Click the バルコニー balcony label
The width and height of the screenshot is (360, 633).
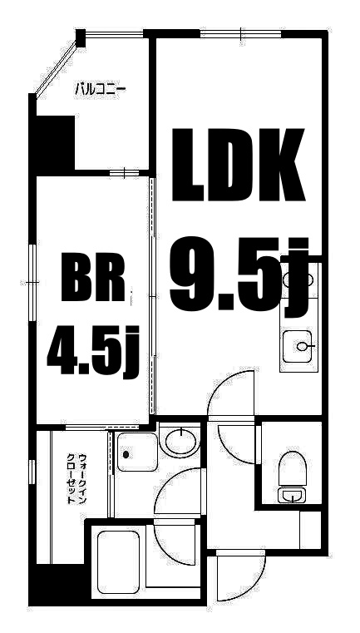[x=100, y=88]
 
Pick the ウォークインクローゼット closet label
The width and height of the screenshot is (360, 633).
[x=77, y=477]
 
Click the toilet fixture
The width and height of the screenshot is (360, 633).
[x=292, y=471]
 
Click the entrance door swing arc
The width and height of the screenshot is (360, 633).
[x=238, y=574]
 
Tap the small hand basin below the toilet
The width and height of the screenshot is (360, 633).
[x=292, y=497]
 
